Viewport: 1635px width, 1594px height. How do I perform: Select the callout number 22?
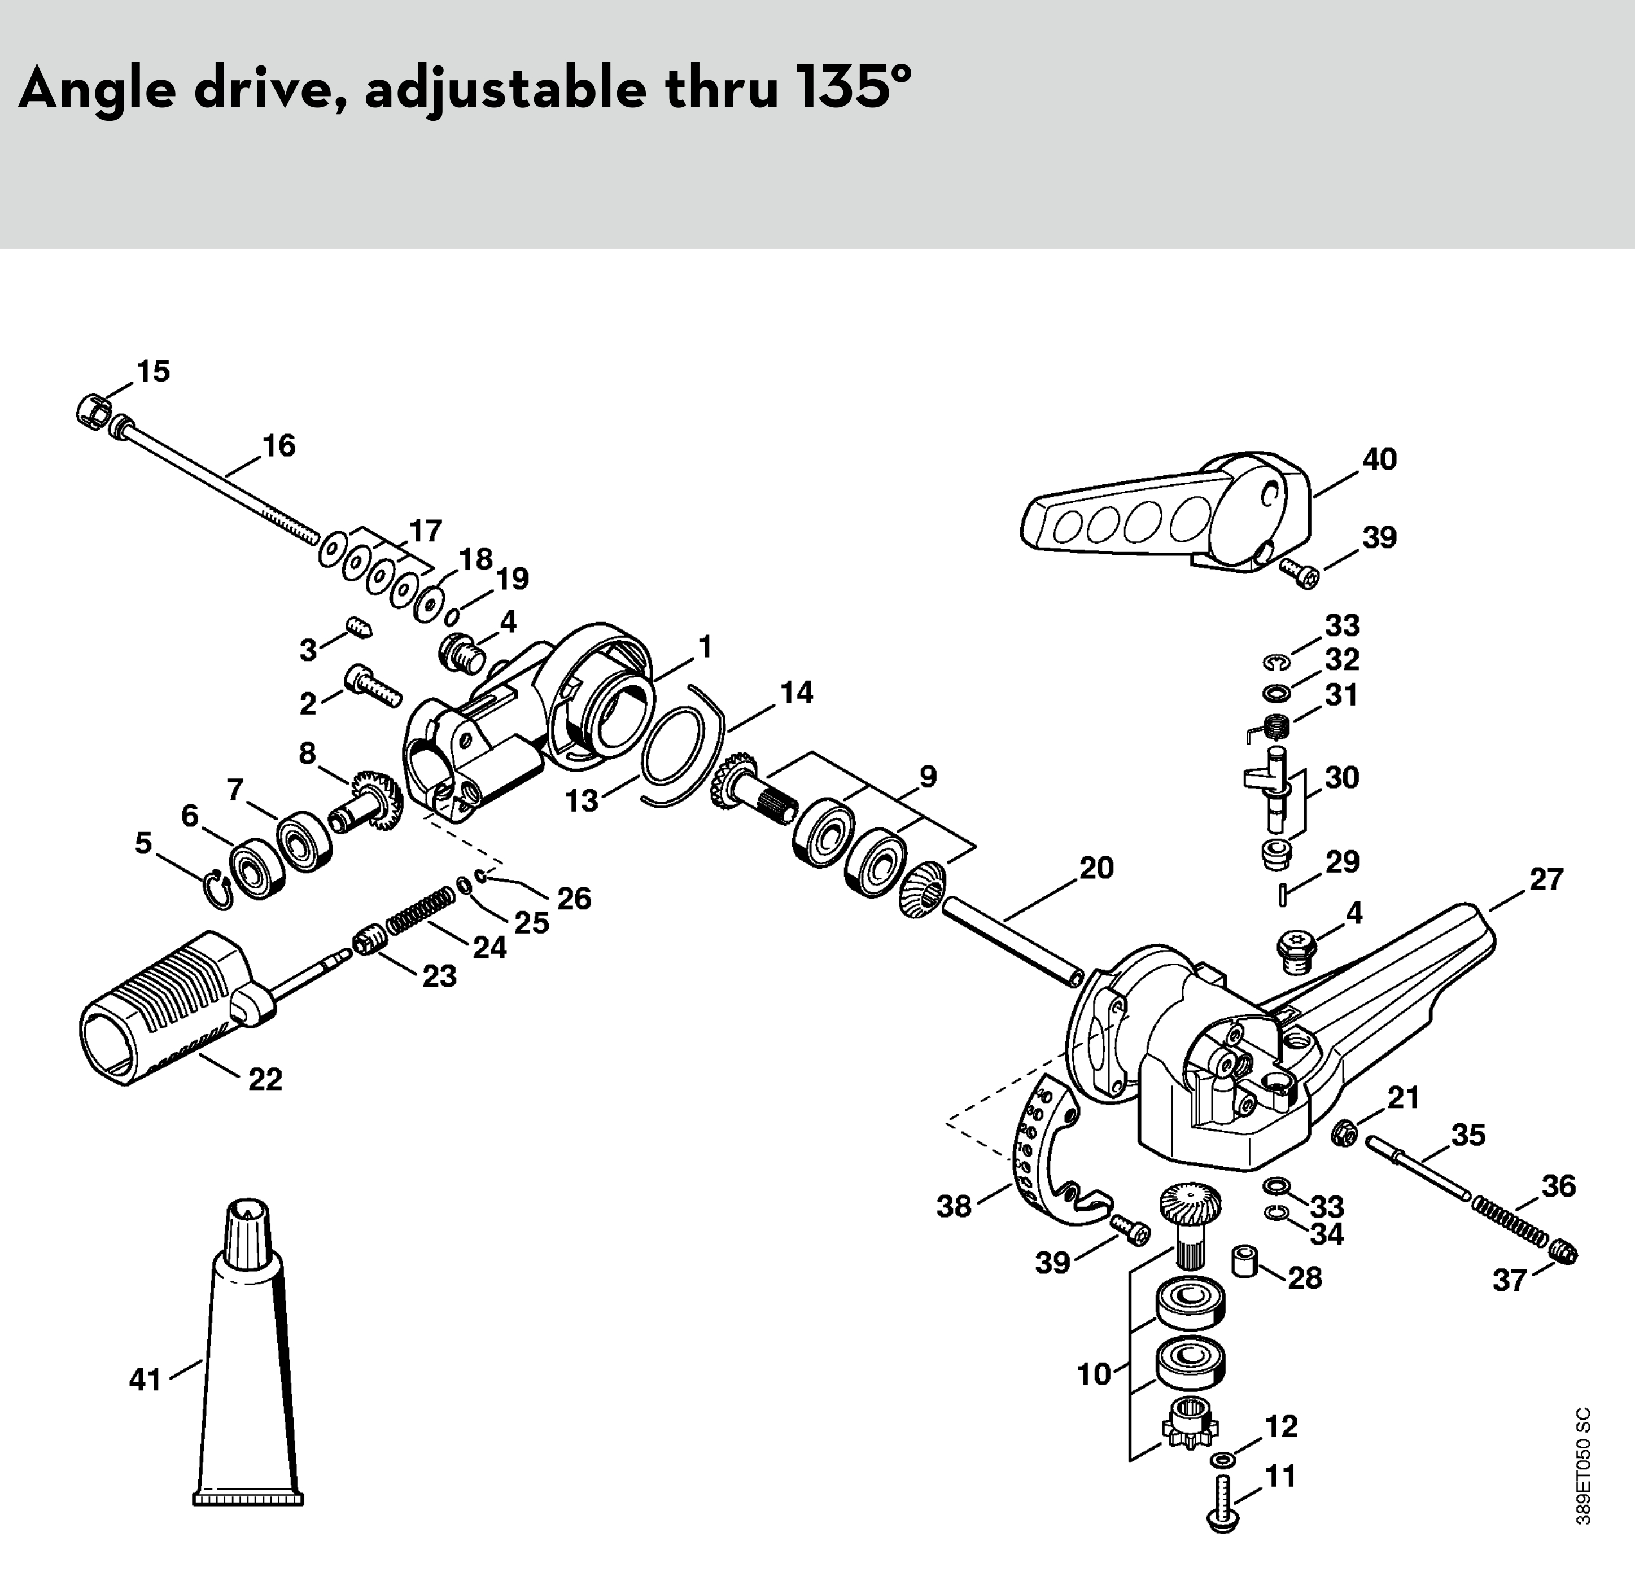pyautogui.click(x=265, y=1079)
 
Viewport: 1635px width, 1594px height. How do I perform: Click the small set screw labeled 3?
pyautogui.click(x=360, y=626)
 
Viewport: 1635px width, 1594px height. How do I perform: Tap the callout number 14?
pyautogui.click(x=796, y=693)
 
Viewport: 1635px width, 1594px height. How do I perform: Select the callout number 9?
pyautogui.click(x=928, y=777)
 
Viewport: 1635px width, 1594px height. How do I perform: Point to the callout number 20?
pyautogui.click(x=1096, y=868)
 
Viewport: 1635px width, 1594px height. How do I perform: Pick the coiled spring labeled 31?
pyautogui.click(x=1273, y=724)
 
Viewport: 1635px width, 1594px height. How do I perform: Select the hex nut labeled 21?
pyautogui.click(x=1344, y=1135)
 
